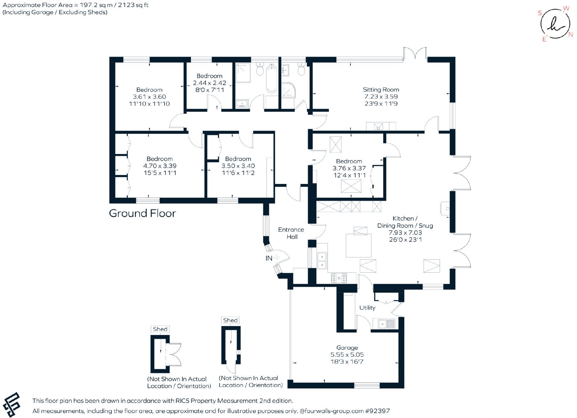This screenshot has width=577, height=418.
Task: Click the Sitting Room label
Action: (381, 90)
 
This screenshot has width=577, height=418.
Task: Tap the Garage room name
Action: (347, 348)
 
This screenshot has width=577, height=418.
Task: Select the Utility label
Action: (367, 308)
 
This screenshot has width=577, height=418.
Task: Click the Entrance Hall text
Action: (291, 233)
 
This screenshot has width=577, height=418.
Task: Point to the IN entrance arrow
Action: (276, 257)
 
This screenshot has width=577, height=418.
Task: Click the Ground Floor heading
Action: (142, 213)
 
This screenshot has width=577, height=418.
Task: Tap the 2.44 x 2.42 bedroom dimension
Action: (210, 83)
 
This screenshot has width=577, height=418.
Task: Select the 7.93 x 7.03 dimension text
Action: (405, 233)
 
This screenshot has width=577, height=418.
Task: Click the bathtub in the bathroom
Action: (272, 78)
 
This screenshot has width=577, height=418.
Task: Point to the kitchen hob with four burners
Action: (339, 278)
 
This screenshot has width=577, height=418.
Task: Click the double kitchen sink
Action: (322, 261)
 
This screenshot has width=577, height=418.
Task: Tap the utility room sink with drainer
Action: (386, 324)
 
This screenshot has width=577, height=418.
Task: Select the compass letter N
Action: (571, 35)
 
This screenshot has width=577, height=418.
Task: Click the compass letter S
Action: (540, 13)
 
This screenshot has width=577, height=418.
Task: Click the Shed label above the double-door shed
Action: (160, 329)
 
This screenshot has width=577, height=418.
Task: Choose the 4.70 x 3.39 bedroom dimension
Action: (160, 166)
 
